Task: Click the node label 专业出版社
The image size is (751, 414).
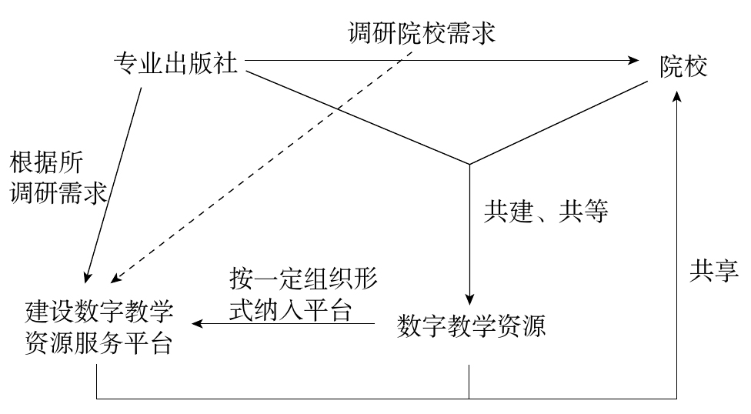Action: point(175,63)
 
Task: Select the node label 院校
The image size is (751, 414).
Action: point(683,67)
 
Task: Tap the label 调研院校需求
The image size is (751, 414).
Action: point(420,33)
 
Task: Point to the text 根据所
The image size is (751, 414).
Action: point(45,163)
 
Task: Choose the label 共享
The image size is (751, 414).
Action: point(713,269)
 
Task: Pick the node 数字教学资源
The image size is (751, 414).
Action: point(471,327)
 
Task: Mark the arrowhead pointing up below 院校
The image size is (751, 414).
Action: point(676,97)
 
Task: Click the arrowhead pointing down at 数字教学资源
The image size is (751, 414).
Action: point(469,299)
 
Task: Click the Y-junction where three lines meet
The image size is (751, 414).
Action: point(469,163)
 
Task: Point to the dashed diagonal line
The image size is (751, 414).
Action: point(269,154)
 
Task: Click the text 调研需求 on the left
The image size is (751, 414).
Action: point(58,192)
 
